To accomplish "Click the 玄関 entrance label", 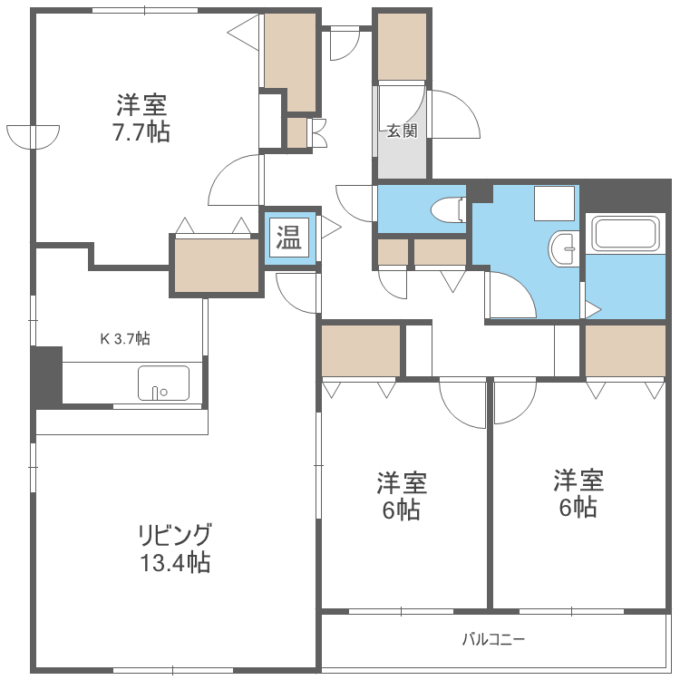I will tap(402, 131).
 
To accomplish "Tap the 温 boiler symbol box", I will tap(290, 238).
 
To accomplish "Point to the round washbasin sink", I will tap(565, 246).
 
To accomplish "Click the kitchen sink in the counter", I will tap(163, 383).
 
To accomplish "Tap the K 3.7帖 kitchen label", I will tap(124, 339).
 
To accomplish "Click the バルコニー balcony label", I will tap(493, 639).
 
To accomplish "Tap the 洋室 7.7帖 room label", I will tap(141, 118).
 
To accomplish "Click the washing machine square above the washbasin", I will tap(554, 203).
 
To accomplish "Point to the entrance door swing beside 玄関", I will tap(452, 115).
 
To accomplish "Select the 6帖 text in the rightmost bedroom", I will tap(578, 507).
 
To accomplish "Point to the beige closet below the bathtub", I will tap(625, 350).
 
